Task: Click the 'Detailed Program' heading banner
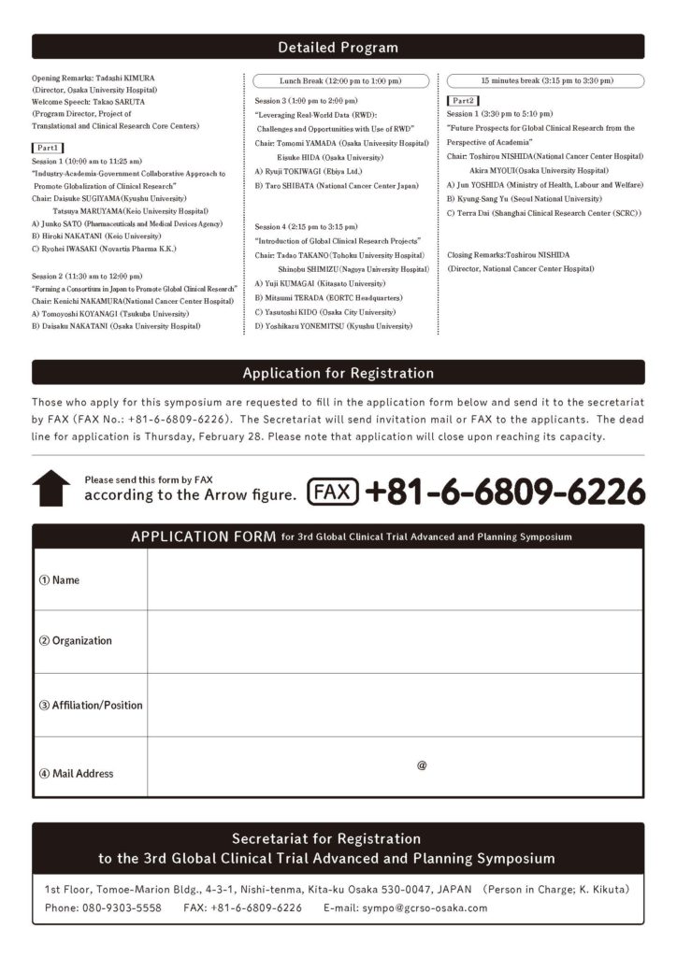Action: click(x=338, y=47)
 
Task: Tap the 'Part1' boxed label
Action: click(x=48, y=148)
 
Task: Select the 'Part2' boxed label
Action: click(x=464, y=100)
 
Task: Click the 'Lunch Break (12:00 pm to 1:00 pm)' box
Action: click(x=341, y=81)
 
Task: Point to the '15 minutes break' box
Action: click(x=546, y=81)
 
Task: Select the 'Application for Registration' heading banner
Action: click(x=338, y=373)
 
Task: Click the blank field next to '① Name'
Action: click(x=394, y=579)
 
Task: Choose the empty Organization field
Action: click(x=394, y=641)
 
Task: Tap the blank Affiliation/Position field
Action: click(x=394, y=705)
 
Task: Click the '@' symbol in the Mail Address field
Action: click(x=422, y=765)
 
